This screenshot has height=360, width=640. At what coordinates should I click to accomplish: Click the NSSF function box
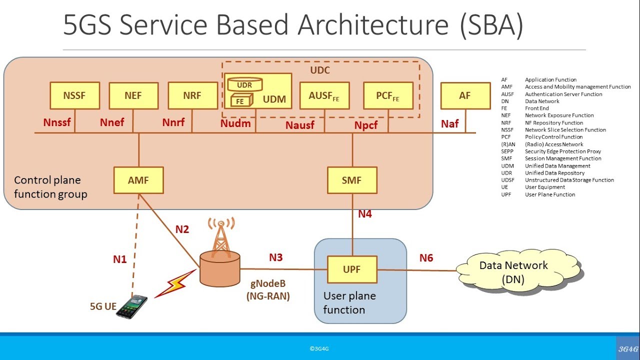[x=75, y=95]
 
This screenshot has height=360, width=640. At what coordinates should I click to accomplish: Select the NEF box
[x=133, y=95]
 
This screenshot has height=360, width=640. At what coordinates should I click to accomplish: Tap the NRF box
[x=193, y=95]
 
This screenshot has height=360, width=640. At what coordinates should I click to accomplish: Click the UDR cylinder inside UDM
[x=245, y=84]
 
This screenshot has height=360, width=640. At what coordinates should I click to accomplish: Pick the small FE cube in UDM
[x=241, y=100]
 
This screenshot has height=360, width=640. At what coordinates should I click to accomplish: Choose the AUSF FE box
[x=324, y=95]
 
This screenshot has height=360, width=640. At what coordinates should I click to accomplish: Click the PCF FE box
[x=388, y=95]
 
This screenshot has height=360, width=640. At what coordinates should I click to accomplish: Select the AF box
[x=465, y=95]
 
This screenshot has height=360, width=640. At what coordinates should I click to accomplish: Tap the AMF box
[x=138, y=180]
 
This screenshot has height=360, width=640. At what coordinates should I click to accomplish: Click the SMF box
[x=352, y=180]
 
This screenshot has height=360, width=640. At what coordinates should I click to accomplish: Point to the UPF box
[x=352, y=269]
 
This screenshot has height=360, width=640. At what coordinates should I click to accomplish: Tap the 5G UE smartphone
[x=132, y=307]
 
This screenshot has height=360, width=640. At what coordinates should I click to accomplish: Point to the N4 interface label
[x=365, y=214]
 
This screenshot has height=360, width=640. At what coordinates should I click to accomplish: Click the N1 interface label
[x=119, y=259]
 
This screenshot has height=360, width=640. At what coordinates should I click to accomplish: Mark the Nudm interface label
[x=235, y=123]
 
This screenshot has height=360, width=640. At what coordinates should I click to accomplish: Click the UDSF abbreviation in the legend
[x=507, y=180]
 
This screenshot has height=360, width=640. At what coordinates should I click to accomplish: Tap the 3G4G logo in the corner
[x=628, y=348]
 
